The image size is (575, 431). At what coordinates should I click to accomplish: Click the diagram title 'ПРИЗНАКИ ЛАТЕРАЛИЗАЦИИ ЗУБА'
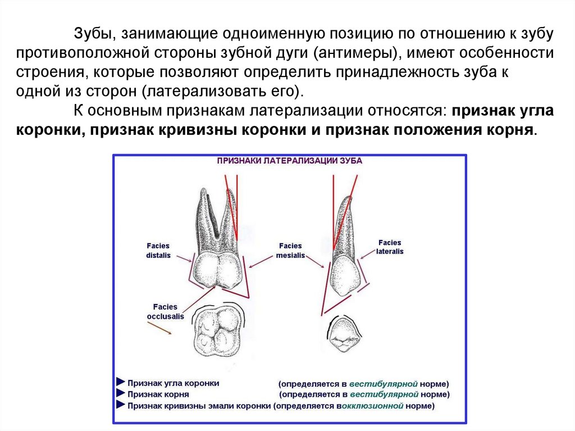pos(290,160)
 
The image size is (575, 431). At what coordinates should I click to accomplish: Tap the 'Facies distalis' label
pos(159,251)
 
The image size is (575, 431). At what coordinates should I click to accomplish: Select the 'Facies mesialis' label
pos(290,250)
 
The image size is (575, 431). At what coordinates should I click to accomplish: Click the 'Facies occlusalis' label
pos(165,311)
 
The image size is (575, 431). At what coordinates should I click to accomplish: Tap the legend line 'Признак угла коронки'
pos(173,383)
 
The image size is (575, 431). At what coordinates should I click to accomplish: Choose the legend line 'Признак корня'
pos(157,394)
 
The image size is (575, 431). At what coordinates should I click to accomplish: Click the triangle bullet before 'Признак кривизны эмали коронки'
pos(120,405)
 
